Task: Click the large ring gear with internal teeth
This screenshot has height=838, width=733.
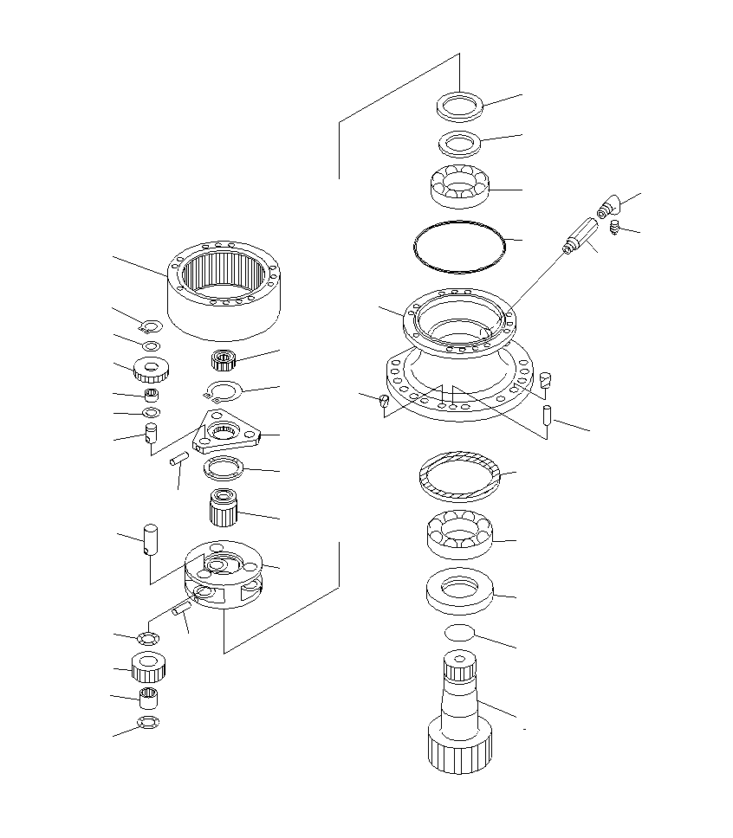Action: (x=224, y=290)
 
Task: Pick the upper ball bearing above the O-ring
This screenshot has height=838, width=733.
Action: (x=460, y=185)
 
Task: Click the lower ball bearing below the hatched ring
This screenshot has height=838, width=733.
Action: (x=459, y=534)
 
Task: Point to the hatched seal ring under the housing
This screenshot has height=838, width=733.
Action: (x=459, y=475)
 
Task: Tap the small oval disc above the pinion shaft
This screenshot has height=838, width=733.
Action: (x=460, y=633)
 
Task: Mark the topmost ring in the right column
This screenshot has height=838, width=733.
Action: (x=459, y=106)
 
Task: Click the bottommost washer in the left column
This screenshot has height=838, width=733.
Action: (x=148, y=722)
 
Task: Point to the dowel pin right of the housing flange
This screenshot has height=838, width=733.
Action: (x=547, y=414)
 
